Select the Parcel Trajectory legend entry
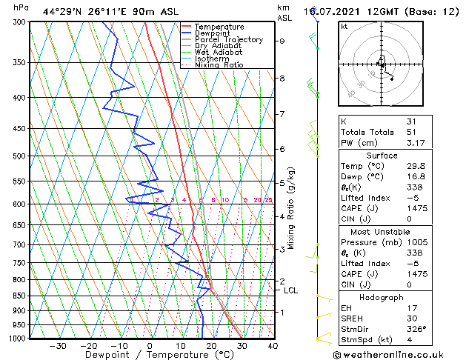228,40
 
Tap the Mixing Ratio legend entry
219,65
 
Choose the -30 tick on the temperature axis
57,346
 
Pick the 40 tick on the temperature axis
273,346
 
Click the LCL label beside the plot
291,290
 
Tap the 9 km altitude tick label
282,41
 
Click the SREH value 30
412,318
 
